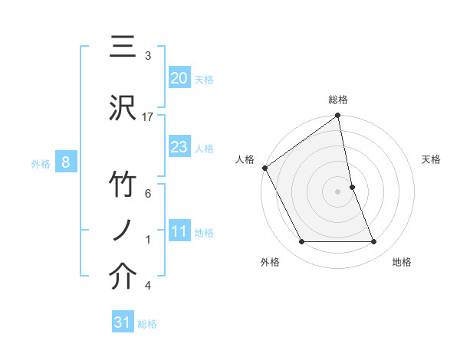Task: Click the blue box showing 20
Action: tap(179, 78)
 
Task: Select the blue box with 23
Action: tap(179, 147)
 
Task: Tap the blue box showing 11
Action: tap(179, 232)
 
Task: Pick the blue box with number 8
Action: tap(66, 162)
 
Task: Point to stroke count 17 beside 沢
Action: tap(148, 116)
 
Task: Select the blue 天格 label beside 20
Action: tap(203, 79)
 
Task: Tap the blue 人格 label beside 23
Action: tap(203, 148)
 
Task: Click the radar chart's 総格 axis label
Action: tap(338, 100)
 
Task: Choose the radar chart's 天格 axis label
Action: tap(432, 159)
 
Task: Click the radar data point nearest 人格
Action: tap(264, 168)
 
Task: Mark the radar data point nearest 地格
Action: tap(374, 242)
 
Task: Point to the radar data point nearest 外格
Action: tap(301, 242)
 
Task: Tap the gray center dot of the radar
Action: tap(338, 191)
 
